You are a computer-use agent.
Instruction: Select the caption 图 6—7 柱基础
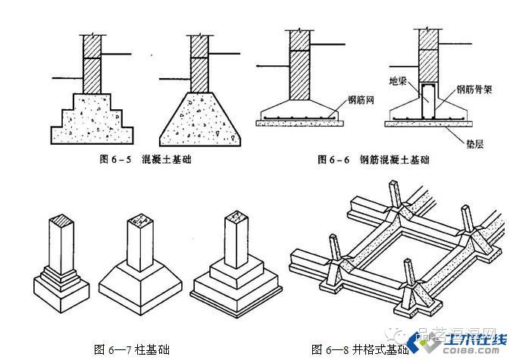pyautogui.click(x=130, y=349)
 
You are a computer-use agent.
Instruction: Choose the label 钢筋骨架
pyautogui.click(x=472, y=89)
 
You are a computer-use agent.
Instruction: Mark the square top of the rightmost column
pyautogui.click(x=236, y=217)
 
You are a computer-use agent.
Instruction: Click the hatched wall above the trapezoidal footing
pyautogui.click(x=199, y=64)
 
